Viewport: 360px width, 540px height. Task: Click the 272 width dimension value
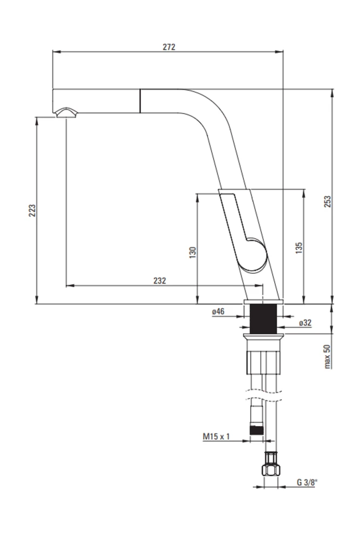[169, 47]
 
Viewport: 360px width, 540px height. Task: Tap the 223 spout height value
[32, 211]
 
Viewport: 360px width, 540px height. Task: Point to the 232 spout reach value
[160, 281]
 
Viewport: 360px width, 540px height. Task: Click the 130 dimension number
[193, 252]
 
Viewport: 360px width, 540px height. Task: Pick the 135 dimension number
[298, 248]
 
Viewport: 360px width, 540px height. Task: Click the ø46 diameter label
[218, 312]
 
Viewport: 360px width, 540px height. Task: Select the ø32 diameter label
[305, 323]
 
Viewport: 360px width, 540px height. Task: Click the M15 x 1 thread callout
[216, 437]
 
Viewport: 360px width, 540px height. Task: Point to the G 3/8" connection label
[307, 482]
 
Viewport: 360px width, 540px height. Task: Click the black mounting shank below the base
[263, 319]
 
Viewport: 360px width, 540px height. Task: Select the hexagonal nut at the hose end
[271, 470]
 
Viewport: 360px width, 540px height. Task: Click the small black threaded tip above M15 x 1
[256, 430]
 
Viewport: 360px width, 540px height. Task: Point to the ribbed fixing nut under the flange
[263, 362]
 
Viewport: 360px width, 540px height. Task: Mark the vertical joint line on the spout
[140, 101]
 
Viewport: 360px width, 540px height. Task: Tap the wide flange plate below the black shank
[263, 336]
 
